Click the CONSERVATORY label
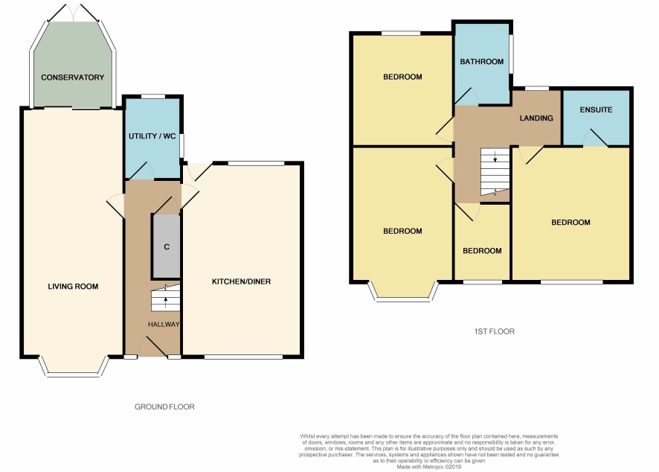click(x=72, y=77)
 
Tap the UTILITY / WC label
click(x=152, y=136)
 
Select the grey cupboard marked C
click(x=167, y=246)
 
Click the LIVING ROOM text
click(x=73, y=287)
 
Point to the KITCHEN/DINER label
click(x=241, y=281)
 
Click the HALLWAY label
click(x=164, y=325)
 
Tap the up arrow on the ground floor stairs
click(x=166, y=301)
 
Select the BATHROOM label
click(x=482, y=61)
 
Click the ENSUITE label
click(x=596, y=109)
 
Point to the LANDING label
click(x=536, y=118)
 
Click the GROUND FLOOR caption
click(x=165, y=406)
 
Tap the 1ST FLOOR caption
click(x=494, y=331)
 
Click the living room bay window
click(x=74, y=373)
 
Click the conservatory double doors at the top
click(x=74, y=13)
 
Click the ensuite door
click(x=596, y=138)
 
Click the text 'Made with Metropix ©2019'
click(x=429, y=467)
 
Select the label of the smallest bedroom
click(x=482, y=251)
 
